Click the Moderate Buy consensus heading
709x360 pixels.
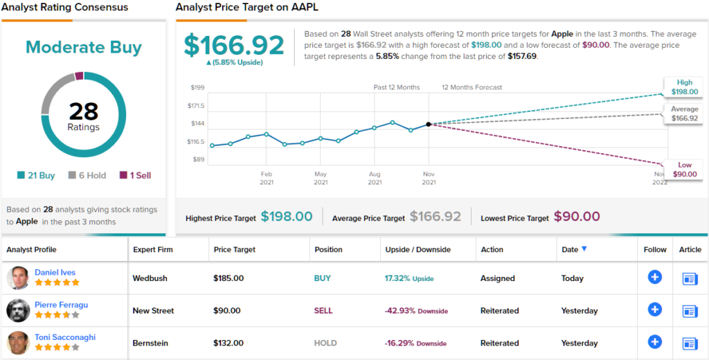coord(84,48)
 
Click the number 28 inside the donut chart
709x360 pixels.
coord(83,111)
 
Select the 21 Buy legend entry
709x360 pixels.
coord(36,175)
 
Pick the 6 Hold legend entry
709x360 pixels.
coord(87,175)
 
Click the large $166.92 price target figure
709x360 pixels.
coord(234,45)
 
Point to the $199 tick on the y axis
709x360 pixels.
coord(197,87)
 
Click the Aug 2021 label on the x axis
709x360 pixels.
coord(375,178)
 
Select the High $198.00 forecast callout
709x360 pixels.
coord(684,87)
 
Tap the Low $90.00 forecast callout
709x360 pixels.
coord(684,169)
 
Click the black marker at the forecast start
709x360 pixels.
coord(429,124)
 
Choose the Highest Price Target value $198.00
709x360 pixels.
coord(287,217)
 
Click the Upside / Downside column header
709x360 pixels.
coord(418,249)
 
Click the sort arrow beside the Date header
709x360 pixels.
coord(584,249)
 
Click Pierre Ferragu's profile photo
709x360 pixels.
coord(18,310)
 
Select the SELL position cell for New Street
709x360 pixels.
coord(323,311)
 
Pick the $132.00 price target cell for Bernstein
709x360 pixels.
coord(228,343)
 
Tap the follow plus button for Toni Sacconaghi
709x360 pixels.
coord(654,341)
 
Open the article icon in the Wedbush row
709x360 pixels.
coord(690,278)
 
